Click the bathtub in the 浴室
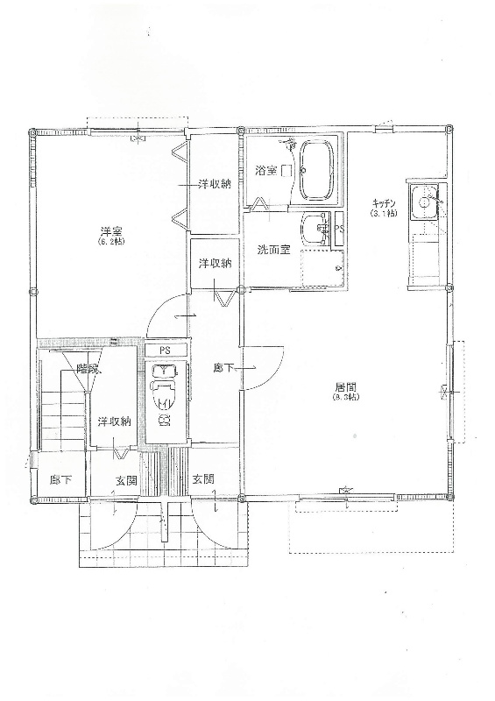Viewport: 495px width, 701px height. [316, 172]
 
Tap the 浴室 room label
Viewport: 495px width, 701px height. [265, 170]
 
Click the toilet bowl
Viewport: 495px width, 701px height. [165, 397]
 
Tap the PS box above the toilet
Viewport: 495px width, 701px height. [165, 350]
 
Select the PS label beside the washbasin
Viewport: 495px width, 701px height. [339, 230]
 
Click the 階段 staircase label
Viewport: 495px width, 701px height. [86, 369]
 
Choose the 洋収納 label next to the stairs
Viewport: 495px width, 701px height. [114, 421]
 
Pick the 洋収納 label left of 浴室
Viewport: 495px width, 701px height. [213, 184]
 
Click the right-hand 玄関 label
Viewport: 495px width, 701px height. [202, 479]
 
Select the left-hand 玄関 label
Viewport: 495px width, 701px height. [126, 480]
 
